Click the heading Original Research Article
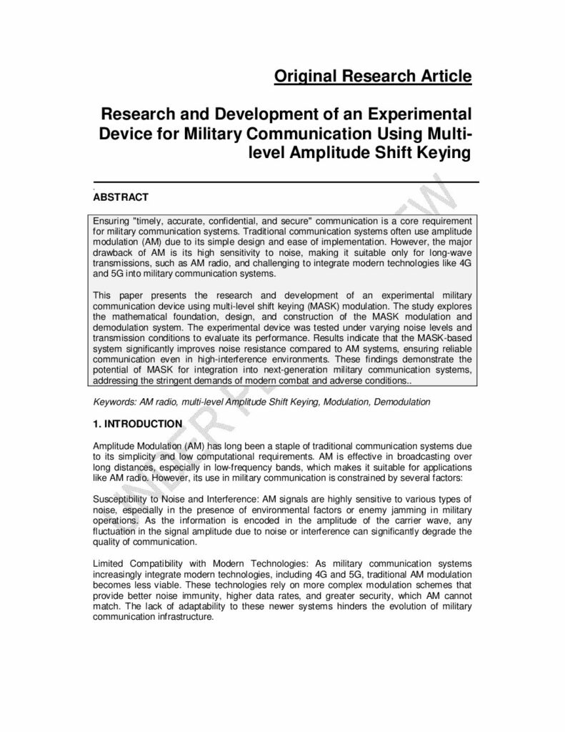tap(373, 76)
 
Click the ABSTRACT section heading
tap(121, 197)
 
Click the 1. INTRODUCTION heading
tap(138, 423)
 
